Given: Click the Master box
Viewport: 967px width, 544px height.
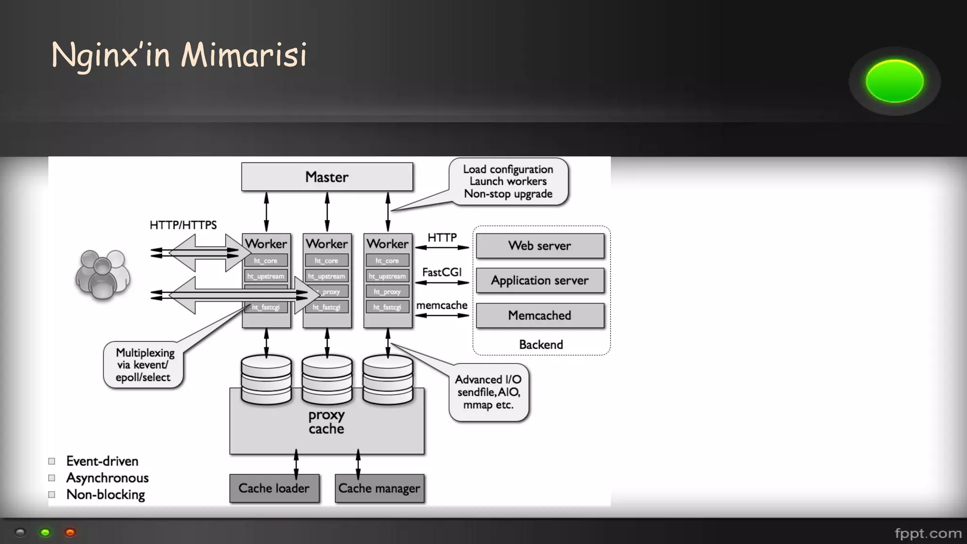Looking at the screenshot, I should click(327, 177).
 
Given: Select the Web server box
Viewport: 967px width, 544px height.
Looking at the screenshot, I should click(540, 246).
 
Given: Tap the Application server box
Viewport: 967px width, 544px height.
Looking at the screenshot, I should click(540, 280).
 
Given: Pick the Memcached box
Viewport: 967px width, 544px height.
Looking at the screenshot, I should click(540, 315).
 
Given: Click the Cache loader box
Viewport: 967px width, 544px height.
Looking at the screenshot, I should click(274, 488).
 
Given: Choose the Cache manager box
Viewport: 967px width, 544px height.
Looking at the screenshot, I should click(379, 488).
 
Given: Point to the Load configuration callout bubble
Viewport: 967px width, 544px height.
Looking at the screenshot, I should click(508, 182).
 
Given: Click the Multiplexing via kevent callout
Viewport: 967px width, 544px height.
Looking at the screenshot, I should click(144, 365).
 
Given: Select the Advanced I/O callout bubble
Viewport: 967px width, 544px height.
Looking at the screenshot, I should click(488, 392).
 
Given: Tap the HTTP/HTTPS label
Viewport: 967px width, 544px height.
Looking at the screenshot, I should click(183, 225).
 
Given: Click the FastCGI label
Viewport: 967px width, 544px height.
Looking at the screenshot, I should click(442, 272).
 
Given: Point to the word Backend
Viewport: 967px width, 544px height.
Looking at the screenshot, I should click(541, 345).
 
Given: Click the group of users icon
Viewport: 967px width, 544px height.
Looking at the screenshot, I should click(102, 275).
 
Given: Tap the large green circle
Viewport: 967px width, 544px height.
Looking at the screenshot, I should click(894, 81).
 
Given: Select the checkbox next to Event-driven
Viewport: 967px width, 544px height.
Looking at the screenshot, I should click(52, 461).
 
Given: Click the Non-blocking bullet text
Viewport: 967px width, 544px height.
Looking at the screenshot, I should click(106, 495).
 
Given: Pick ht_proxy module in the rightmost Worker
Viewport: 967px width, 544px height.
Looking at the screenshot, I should click(387, 292).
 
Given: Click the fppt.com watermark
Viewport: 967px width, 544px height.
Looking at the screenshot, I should click(928, 534).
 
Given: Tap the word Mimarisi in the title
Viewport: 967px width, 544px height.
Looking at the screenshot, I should click(244, 55).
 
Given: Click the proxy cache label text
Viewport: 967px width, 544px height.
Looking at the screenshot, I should click(326, 422).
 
